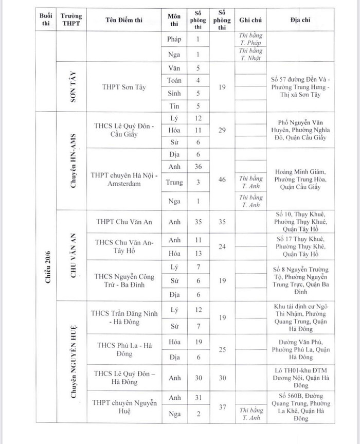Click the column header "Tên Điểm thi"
(124, 20)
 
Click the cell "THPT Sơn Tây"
(124, 87)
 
